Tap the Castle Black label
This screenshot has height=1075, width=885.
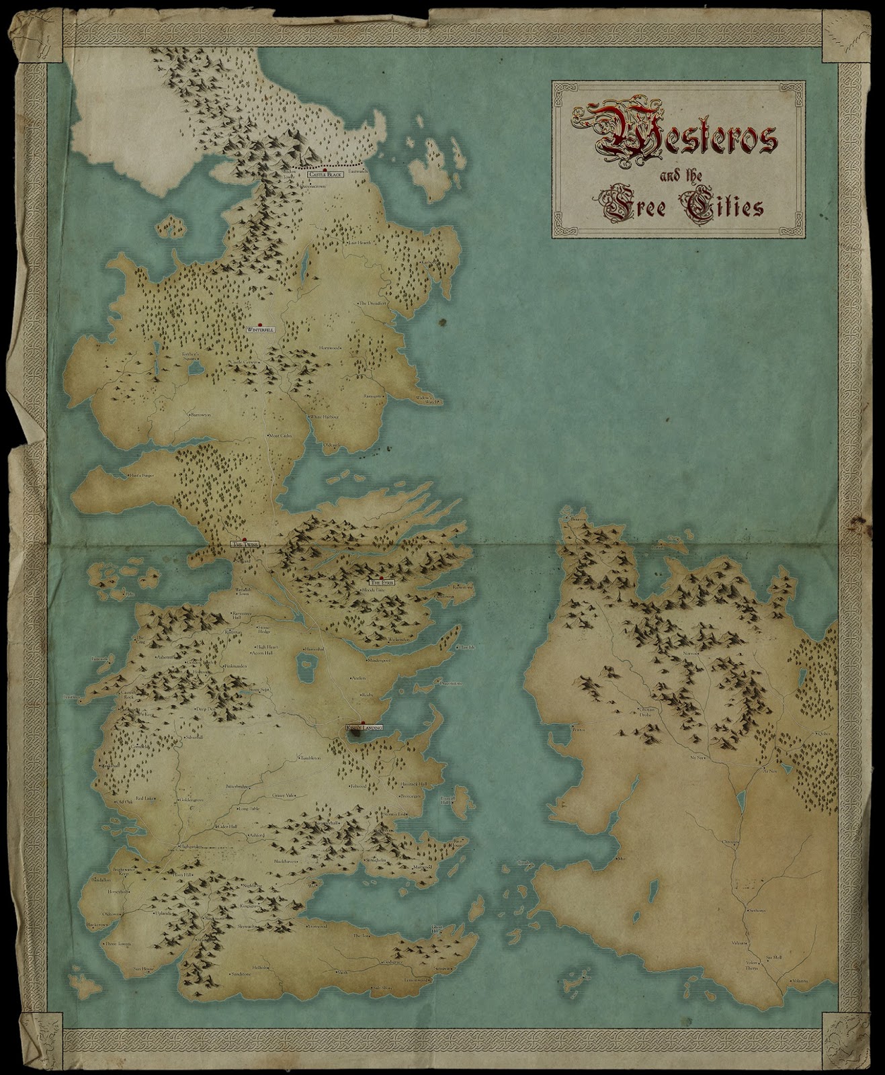[325, 175]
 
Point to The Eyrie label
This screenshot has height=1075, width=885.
[380, 583]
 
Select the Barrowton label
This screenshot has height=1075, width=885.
[200, 415]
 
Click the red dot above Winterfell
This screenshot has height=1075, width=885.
[259, 323]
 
